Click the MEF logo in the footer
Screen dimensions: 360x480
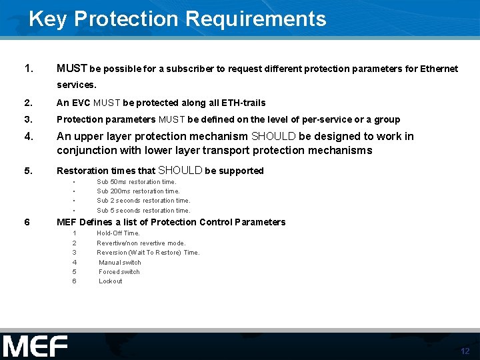pyautogui.click(x=35, y=346)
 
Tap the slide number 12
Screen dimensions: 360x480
pyautogui.click(x=465, y=351)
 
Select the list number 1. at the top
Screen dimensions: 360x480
pyautogui.click(x=28, y=68)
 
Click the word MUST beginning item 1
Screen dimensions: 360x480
pyautogui.click(x=72, y=69)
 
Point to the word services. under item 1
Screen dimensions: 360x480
pyautogui.click(x=77, y=85)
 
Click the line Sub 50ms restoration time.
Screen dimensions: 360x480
pyautogui.click(x=137, y=181)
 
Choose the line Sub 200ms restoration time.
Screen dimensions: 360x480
pyautogui.click(x=138, y=191)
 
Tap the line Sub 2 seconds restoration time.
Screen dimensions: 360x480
pyautogui.click(x=143, y=201)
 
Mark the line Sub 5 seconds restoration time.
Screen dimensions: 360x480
pyautogui.click(x=143, y=211)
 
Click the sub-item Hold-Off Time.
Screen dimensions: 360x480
pyautogui.click(x=119, y=233)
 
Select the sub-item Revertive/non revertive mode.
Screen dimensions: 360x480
pyautogui.click(x=141, y=243)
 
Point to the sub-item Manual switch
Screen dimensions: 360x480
pyautogui.click(x=120, y=263)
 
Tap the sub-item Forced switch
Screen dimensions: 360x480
pyautogui.click(x=119, y=272)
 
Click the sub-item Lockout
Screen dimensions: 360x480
pyautogui.click(x=111, y=281)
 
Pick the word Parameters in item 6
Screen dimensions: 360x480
pyautogui.click(x=261, y=222)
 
